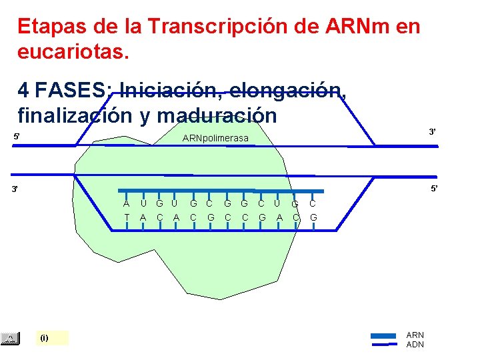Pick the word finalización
pyautogui.click(x=77, y=115)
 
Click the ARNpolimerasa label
pyautogui.click(x=215, y=138)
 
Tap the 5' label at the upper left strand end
pyautogui.click(x=17, y=137)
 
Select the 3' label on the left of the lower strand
pyautogui.click(x=17, y=189)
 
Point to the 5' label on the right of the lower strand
pyautogui.click(x=434, y=189)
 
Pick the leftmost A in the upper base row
pyautogui.click(x=126, y=203)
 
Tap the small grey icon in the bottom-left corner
pyautogui.click(x=10, y=339)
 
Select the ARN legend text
pyautogui.click(x=415, y=335)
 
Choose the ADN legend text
pyautogui.click(x=415, y=344)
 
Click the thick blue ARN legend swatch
pyautogui.click(x=383, y=335)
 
